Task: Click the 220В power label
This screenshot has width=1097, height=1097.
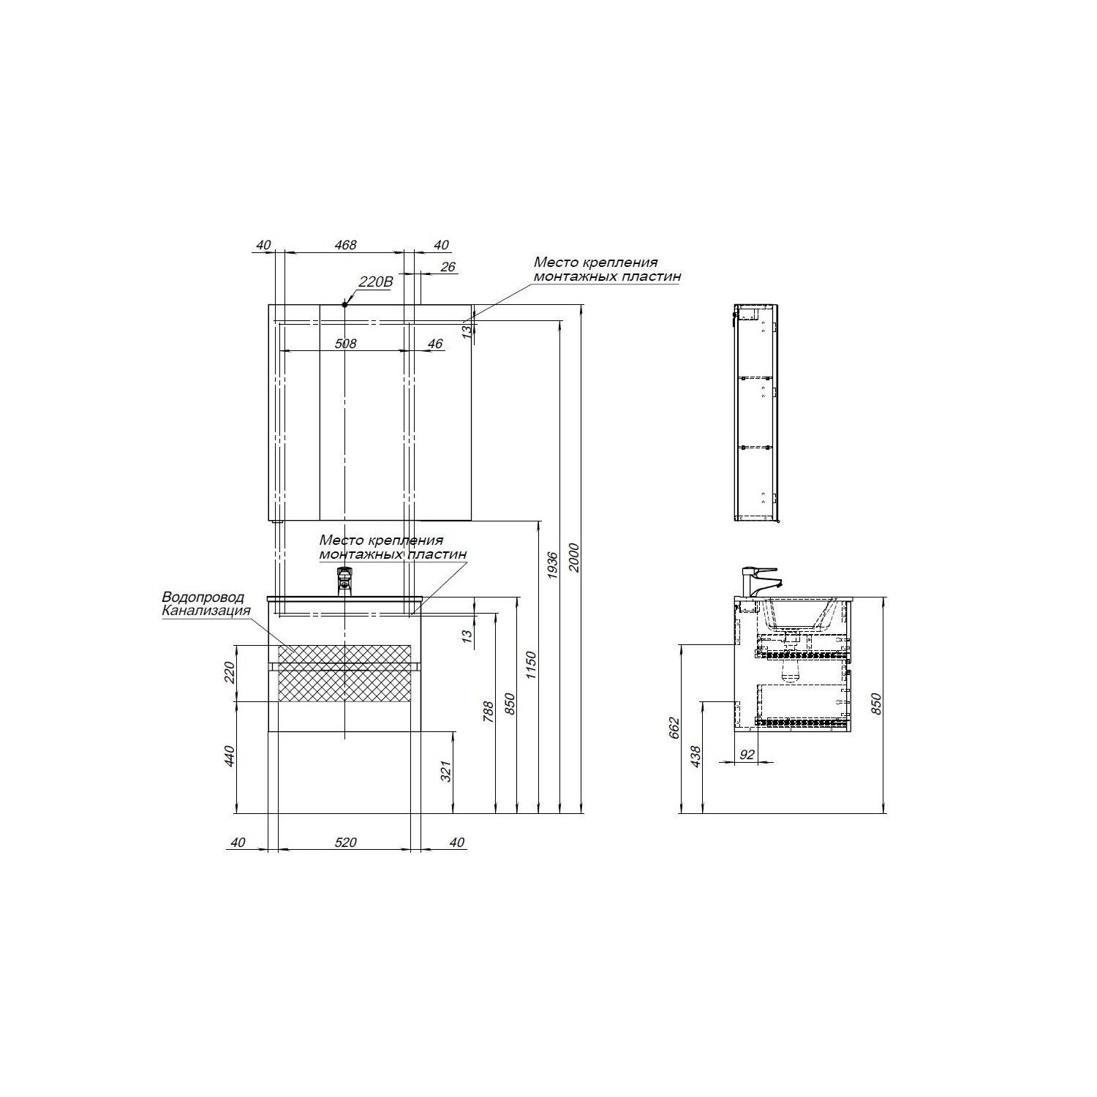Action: click(375, 282)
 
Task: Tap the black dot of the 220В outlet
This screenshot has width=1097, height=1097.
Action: click(344, 304)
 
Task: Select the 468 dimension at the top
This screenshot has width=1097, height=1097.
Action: click(345, 245)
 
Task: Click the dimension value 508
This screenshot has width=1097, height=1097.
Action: click(345, 343)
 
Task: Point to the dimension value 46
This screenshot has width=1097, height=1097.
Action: click(435, 343)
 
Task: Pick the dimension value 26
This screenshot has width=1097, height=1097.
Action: click(448, 267)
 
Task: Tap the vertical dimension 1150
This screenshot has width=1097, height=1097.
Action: click(532, 666)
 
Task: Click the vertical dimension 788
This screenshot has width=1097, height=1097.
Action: click(489, 710)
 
